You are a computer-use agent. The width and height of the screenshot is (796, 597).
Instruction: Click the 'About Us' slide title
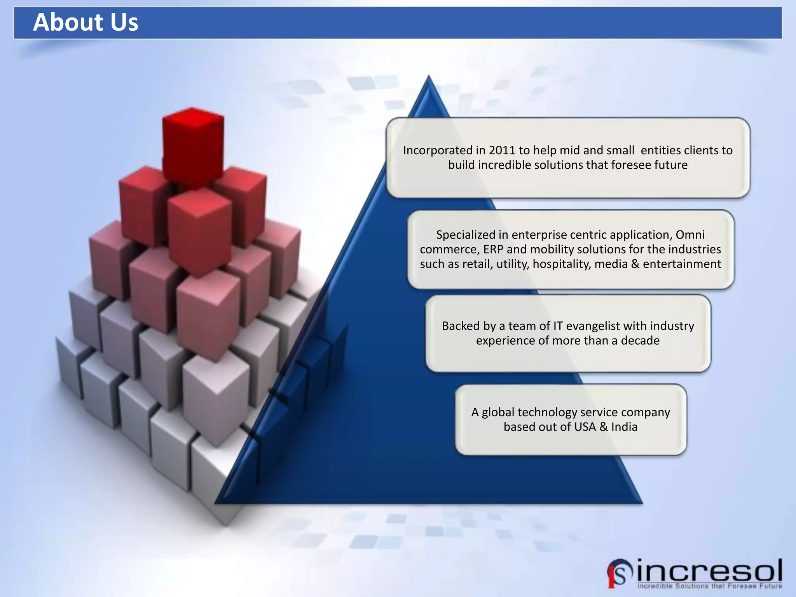point(86,22)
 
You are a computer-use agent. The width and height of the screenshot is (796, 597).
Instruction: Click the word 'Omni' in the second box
point(690,235)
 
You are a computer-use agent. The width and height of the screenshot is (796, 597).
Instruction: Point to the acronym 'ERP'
point(492,249)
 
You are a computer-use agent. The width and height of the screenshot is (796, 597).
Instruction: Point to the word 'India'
point(624,427)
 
